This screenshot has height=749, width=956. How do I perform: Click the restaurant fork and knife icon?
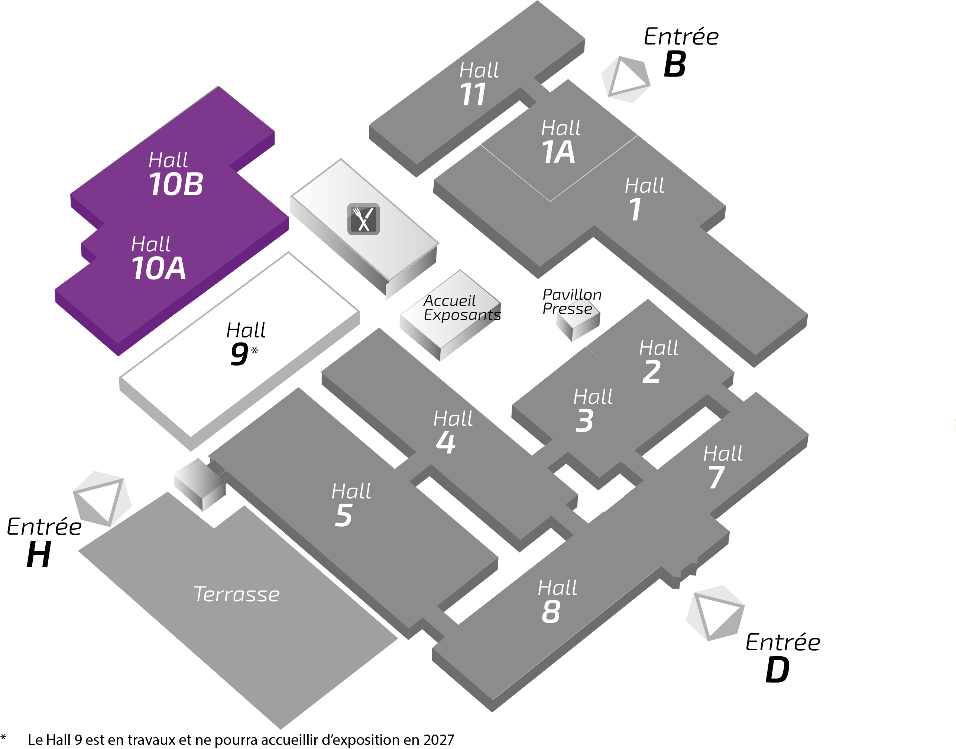[363, 219]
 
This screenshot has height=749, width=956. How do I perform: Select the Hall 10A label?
[158, 258]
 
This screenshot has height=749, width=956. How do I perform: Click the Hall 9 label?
[245, 343]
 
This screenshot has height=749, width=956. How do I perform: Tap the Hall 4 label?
[452, 432]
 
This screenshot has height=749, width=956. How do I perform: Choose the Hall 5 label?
[350, 505]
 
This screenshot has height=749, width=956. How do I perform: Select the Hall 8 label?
[557, 601]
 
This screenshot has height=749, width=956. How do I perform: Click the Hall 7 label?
[722, 467]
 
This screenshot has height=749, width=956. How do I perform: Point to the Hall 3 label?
[592, 410]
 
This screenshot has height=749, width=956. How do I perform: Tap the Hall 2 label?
[658, 361]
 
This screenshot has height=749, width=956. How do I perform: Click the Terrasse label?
[237, 595]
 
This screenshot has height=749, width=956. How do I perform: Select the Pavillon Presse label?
[571, 302]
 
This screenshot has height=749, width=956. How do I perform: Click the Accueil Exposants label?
[461, 308]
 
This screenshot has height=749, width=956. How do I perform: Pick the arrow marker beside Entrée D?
[716, 613]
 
